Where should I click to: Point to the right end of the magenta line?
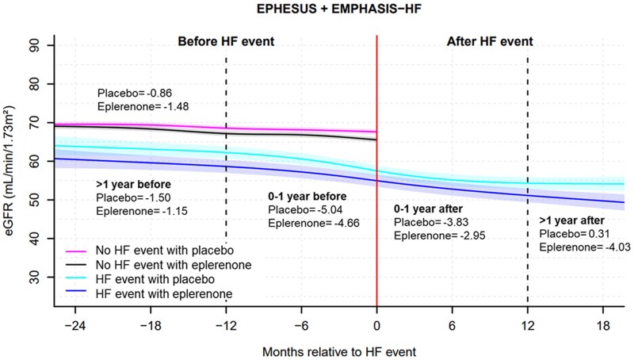point(376,132)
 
